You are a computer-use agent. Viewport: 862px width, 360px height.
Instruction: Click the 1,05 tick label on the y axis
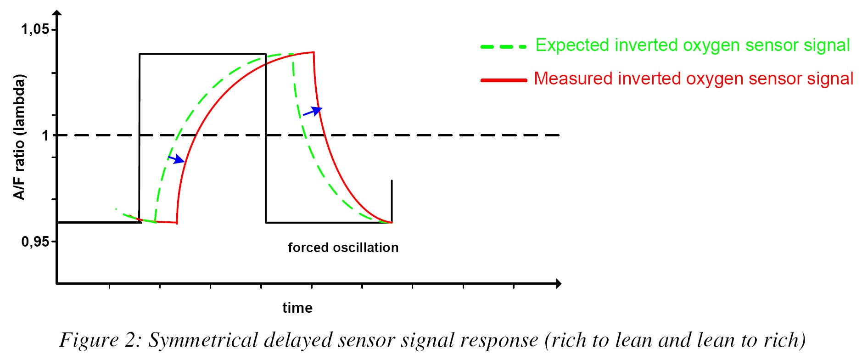tap(35, 29)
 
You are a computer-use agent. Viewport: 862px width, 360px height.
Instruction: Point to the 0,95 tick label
tap(35, 241)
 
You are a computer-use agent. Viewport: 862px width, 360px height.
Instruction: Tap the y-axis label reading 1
tap(45, 135)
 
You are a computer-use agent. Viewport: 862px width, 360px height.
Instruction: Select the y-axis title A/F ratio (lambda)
tap(19, 137)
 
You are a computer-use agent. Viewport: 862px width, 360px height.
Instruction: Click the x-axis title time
tap(297, 308)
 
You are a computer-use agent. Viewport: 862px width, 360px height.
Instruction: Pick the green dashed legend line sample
tap(504, 47)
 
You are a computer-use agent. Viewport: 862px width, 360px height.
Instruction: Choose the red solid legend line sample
tap(504, 80)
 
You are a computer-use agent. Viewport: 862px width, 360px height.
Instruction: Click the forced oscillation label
tap(343, 247)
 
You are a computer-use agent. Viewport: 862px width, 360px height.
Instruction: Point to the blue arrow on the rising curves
tap(176, 159)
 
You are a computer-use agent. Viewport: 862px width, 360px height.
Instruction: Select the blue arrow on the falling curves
tap(313, 111)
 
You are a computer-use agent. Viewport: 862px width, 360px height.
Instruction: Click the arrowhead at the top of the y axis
tap(57, 13)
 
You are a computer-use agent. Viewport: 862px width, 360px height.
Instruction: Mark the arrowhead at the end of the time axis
tap(558, 284)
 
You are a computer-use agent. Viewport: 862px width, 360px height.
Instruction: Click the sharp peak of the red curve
tap(313, 52)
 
